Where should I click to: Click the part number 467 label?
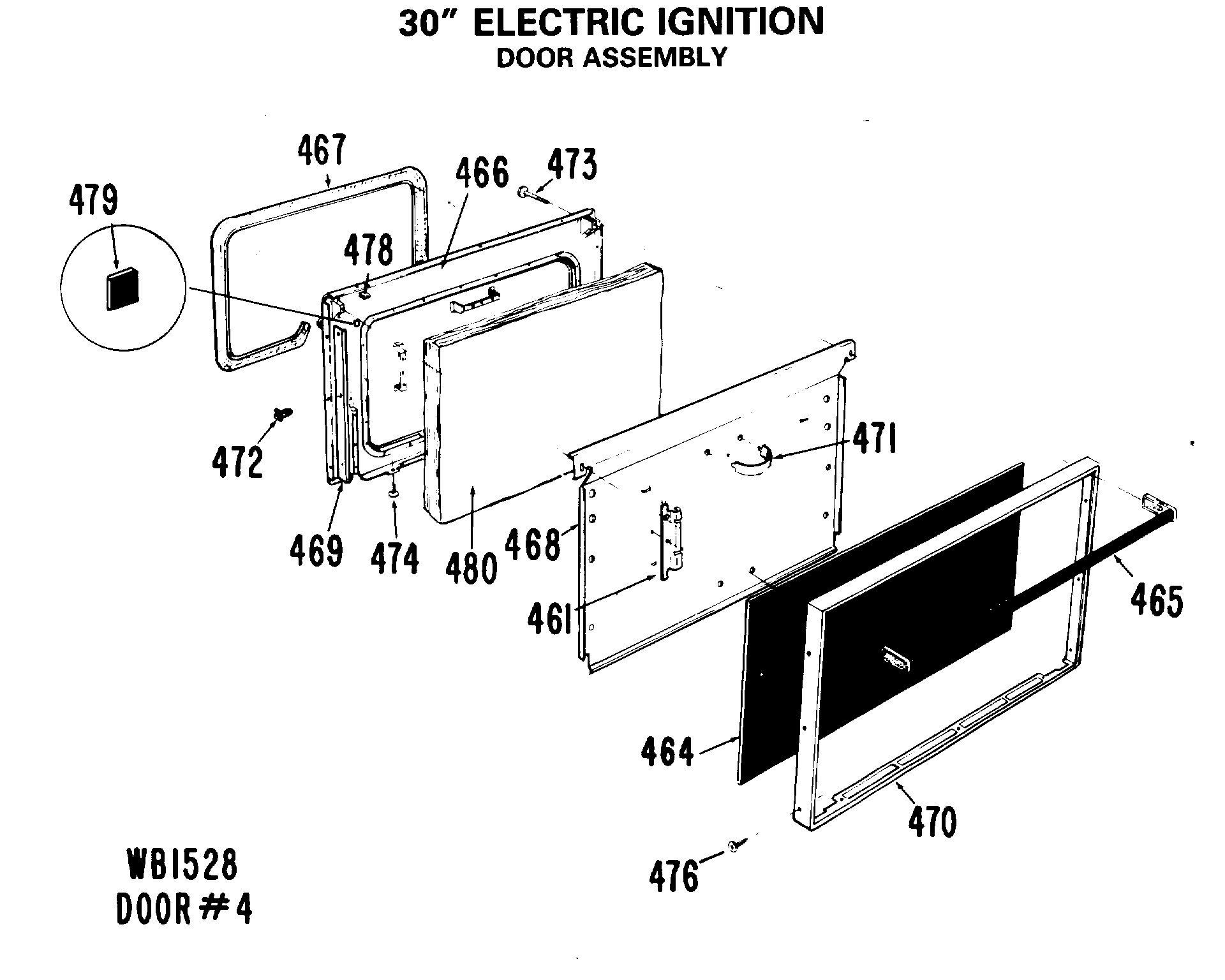pos(322,151)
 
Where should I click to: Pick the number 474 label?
pos(395,560)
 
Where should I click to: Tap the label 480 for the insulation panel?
pos(471,568)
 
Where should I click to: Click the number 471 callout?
pos(874,441)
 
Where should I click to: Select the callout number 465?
pos(1157,600)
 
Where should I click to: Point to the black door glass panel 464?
pos(880,638)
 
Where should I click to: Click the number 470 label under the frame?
pos(933,822)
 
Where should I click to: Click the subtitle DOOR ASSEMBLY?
pos(611,58)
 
